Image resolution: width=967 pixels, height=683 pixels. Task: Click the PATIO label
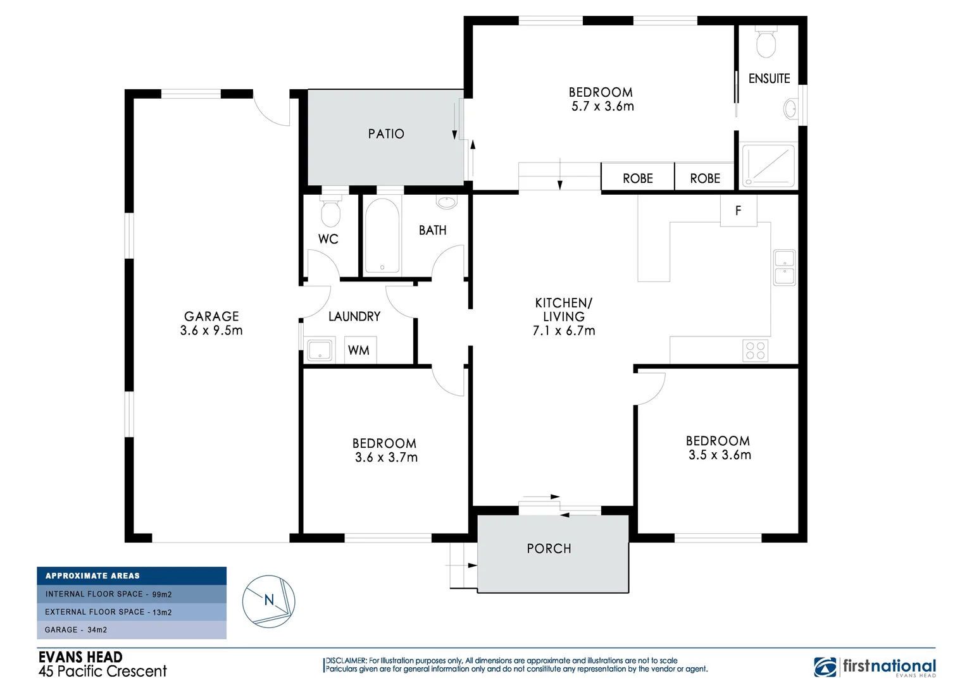386,134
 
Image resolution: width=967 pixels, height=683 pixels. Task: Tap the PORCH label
549,549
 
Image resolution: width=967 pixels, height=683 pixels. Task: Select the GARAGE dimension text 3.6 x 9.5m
211,331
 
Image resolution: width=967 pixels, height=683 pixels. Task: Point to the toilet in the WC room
330,212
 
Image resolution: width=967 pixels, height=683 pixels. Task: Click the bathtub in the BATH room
382,236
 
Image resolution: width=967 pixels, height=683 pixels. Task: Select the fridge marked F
739,211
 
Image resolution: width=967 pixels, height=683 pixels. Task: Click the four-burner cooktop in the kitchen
755,350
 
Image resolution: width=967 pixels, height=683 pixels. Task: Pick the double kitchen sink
785,268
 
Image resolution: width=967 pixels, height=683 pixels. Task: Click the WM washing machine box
359,350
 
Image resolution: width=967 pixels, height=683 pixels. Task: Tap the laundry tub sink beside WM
320,350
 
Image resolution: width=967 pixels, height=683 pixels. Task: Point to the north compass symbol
269,601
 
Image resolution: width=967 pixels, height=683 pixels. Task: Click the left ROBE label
637,179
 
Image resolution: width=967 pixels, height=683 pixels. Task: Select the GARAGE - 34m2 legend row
132,630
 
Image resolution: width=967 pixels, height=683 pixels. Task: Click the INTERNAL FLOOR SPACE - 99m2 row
132,594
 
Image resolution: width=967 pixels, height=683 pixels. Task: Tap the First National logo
875,667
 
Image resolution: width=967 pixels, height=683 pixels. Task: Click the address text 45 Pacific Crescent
103,672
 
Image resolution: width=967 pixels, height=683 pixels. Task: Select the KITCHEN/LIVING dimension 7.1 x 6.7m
564,331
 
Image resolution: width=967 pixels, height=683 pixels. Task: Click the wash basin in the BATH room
447,202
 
